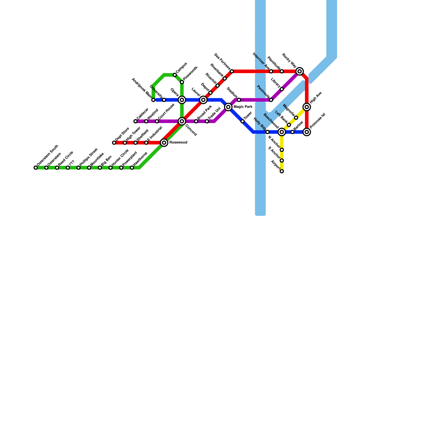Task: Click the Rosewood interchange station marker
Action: point(164,143)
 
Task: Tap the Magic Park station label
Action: point(243,107)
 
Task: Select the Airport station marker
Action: point(282,171)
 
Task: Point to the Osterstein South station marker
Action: point(36,168)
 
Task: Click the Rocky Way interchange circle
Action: point(300,71)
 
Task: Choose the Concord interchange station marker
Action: point(182,121)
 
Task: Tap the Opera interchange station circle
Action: point(182,100)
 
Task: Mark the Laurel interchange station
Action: point(203,100)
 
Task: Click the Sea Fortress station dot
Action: point(232,71)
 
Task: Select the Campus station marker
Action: point(175,75)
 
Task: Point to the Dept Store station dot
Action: point(114,143)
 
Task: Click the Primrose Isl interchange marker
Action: point(307,132)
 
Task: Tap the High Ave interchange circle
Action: point(307,107)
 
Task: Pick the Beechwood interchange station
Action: point(282,132)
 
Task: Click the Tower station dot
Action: point(243,121)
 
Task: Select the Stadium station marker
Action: point(239,100)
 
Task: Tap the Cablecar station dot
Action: point(136,121)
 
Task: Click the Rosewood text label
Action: point(178,143)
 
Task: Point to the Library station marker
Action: point(282,89)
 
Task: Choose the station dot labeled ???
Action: point(68,168)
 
